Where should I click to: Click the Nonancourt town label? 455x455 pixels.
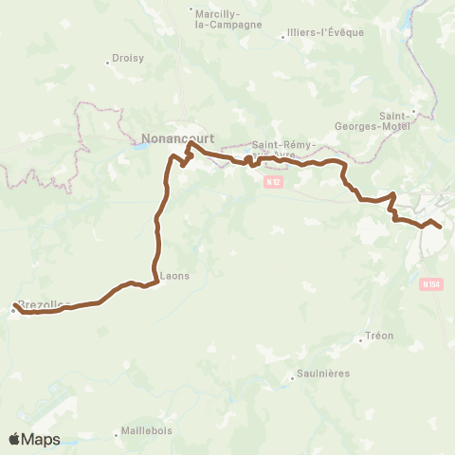(x=177, y=138)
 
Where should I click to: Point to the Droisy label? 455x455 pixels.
(x=128, y=58)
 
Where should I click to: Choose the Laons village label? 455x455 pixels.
(x=175, y=276)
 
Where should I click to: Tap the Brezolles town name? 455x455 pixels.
(x=45, y=303)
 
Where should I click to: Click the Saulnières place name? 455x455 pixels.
(x=323, y=373)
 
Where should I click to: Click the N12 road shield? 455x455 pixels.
(x=273, y=181)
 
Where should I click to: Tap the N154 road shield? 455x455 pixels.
(x=430, y=283)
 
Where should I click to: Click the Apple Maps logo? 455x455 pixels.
(x=34, y=439)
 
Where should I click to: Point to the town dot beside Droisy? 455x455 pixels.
(x=107, y=63)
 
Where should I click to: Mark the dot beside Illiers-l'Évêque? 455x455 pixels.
(x=283, y=38)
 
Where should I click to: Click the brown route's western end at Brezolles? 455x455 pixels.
(x=14, y=306)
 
